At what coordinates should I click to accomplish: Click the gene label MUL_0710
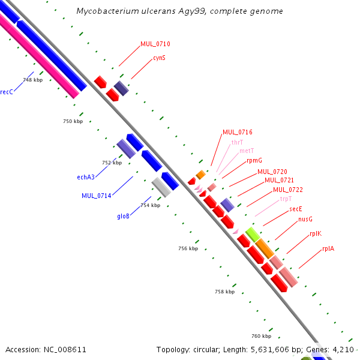pos(155,44)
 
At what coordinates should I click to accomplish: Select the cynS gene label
pos(160,58)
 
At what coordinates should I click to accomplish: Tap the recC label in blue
pos(7,92)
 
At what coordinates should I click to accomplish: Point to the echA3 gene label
pos(86,177)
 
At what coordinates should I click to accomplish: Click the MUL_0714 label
pos(97,196)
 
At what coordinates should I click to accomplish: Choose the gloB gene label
pos(123,216)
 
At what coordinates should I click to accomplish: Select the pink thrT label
pos(237,142)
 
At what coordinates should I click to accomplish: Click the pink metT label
pos(247,151)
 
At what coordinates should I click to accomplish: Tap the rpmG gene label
pos(254,160)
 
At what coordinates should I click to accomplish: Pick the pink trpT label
pos(286,199)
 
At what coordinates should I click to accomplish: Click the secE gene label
pos(296,209)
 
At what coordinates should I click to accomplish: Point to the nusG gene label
pos(305,219)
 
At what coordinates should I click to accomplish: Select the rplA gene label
pos(328,248)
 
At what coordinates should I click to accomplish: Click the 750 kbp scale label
pos(73,121)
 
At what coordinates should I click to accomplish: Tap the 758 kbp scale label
pos(225,292)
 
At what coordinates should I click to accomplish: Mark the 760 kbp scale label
pos(261,336)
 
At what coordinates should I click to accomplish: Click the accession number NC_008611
pos(65,350)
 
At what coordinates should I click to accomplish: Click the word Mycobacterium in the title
pos(107,11)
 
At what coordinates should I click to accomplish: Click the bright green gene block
pos(253,235)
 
